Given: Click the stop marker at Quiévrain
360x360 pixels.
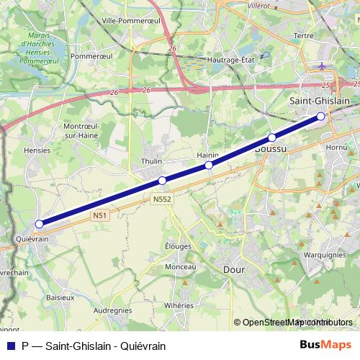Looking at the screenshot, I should [39, 224].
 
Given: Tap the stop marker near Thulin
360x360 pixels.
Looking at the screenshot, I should [162, 181].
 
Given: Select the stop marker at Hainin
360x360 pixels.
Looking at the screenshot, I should [209, 165].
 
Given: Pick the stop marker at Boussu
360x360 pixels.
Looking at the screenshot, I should [271, 138].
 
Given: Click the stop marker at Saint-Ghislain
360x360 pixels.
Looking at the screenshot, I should [321, 116].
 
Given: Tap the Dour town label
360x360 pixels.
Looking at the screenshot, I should [235, 269].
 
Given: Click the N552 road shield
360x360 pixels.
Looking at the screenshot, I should [162, 199].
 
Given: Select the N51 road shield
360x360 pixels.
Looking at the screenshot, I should [99, 215].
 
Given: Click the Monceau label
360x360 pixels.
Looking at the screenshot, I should [180, 266].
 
